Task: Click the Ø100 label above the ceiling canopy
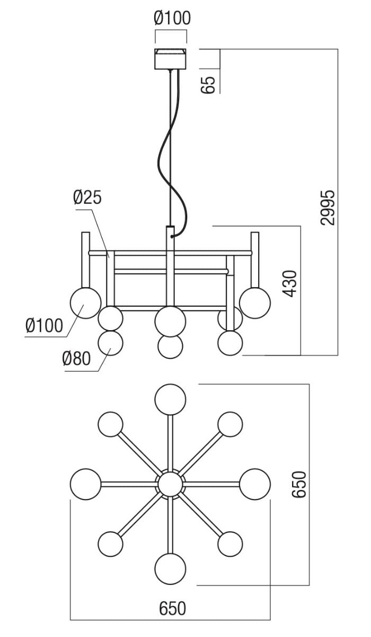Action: pos(172,18)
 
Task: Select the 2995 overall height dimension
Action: pos(328,208)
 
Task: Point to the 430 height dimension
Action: pos(290,283)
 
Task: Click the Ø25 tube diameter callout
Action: pos(87,197)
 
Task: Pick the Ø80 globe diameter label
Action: pos(76,358)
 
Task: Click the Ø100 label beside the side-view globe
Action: pos(45,325)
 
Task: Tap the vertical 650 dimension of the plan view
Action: pos(299,484)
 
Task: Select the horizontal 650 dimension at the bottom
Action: pos(173,608)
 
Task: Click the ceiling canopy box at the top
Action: pos(170,59)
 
